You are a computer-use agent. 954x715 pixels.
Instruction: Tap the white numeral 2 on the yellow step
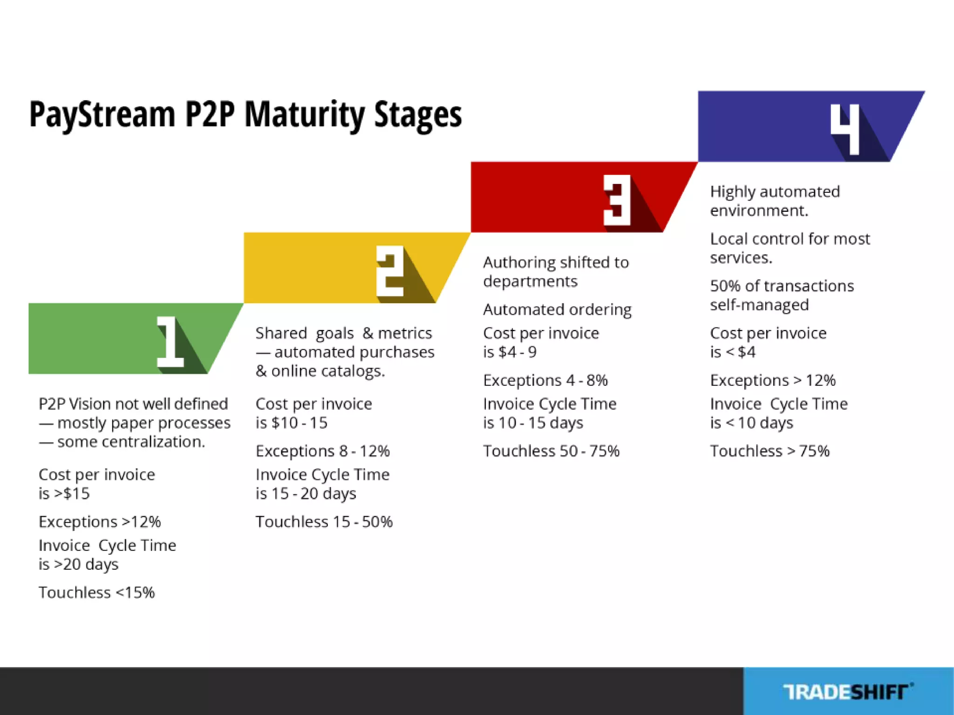pyautogui.click(x=390, y=271)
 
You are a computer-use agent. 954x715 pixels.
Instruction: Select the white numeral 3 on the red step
pyautogui.click(x=617, y=201)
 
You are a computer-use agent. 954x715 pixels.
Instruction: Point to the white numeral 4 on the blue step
pyautogui.click(x=845, y=129)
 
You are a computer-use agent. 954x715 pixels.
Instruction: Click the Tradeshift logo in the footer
pyautogui.click(x=848, y=692)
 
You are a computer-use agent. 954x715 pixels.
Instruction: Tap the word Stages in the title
pyautogui.click(x=418, y=115)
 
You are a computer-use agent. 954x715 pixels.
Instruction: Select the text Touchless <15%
pyautogui.click(x=96, y=593)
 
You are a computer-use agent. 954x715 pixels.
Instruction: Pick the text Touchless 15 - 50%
pyautogui.click(x=324, y=522)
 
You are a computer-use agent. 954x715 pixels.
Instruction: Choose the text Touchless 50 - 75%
pyautogui.click(x=551, y=451)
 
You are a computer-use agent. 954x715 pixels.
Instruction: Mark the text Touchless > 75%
pyautogui.click(x=770, y=451)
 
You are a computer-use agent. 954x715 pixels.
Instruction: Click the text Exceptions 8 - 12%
pyautogui.click(x=322, y=451)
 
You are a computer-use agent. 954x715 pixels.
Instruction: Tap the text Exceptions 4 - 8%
pyautogui.click(x=545, y=380)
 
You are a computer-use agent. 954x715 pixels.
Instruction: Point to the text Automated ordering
pyautogui.click(x=557, y=310)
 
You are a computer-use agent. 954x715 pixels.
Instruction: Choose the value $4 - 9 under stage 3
pyautogui.click(x=517, y=352)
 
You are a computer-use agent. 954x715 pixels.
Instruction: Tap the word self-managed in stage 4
pyautogui.click(x=759, y=305)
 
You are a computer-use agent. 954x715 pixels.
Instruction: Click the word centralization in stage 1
pyautogui.click(x=154, y=442)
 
